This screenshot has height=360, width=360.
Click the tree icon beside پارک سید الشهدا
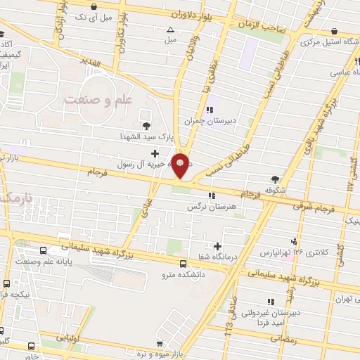click(146, 126)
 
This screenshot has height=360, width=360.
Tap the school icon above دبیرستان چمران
click(210, 108)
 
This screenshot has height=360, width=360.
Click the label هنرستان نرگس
click(210, 207)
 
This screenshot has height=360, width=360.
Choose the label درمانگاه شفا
click(217, 257)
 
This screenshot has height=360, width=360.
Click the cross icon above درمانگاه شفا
click(218, 246)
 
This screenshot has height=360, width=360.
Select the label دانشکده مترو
click(181, 274)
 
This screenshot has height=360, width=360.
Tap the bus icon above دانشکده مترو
click(183, 262)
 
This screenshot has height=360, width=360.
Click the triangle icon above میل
click(170, 30)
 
